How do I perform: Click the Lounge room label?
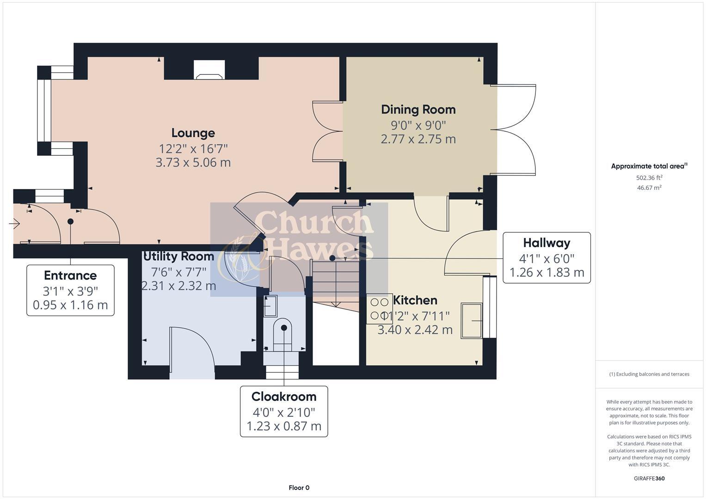pyautogui.click(x=193, y=133)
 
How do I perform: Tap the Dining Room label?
pyautogui.click(x=418, y=110)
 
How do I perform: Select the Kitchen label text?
pyautogui.click(x=415, y=300)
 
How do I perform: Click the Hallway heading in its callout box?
pyautogui.click(x=546, y=243)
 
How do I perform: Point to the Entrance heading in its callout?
pyautogui.click(x=70, y=275)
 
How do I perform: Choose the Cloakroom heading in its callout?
pyautogui.click(x=283, y=396)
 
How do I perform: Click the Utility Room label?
pyautogui.click(x=179, y=256)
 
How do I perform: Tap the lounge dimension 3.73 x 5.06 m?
pyautogui.click(x=193, y=163)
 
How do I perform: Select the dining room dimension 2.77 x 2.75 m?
pyautogui.click(x=418, y=139)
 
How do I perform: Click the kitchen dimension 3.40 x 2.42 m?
pyautogui.click(x=415, y=330)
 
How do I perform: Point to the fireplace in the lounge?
pyautogui.click(x=209, y=70)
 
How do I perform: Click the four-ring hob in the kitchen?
pyautogui.click(x=379, y=309)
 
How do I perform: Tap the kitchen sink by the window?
pyautogui.click(x=472, y=321)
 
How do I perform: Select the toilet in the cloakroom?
pyautogui.click(x=283, y=333)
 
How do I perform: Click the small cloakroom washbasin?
pyautogui.click(x=270, y=306)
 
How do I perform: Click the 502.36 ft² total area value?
pyautogui.click(x=649, y=177)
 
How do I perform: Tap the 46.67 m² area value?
pyautogui.click(x=649, y=188)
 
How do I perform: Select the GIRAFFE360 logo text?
pyautogui.click(x=649, y=478)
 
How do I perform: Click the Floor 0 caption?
pyautogui.click(x=299, y=487)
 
